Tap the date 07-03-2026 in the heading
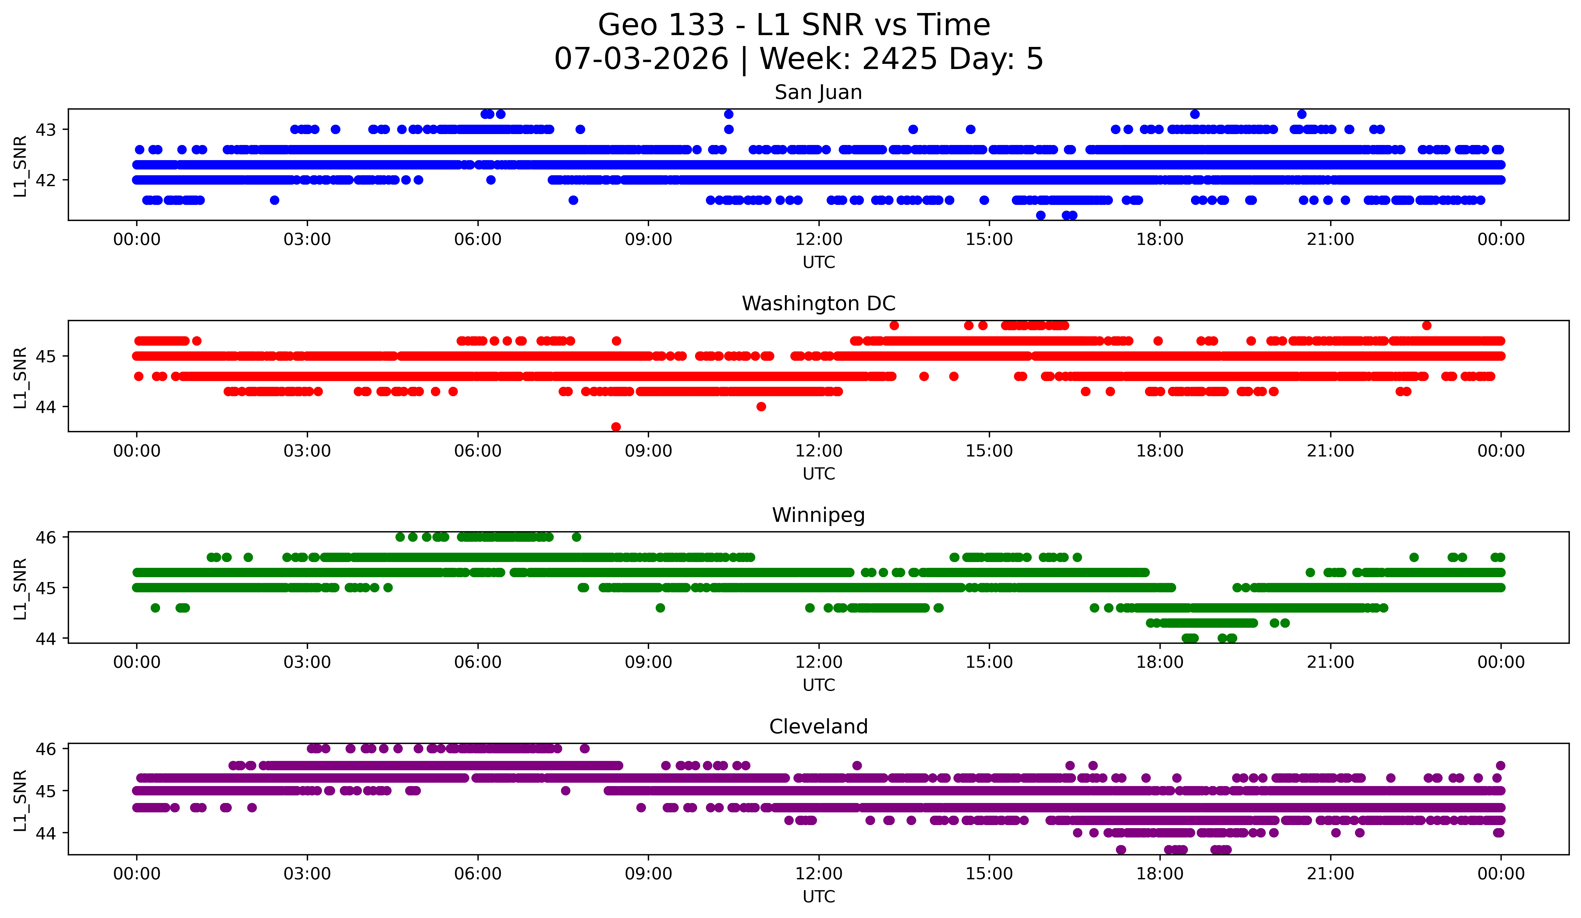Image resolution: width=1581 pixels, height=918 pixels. (x=641, y=59)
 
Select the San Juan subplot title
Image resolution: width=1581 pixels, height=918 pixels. (x=818, y=92)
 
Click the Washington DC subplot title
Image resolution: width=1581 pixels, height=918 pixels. (x=818, y=304)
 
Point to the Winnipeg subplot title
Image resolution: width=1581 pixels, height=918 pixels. (x=818, y=515)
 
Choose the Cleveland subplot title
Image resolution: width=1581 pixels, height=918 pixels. (x=818, y=727)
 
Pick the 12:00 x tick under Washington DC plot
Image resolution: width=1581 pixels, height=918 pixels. (x=819, y=451)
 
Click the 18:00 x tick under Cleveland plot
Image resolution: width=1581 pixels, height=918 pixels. (x=1160, y=874)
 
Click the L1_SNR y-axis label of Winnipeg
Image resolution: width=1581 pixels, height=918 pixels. (x=20, y=589)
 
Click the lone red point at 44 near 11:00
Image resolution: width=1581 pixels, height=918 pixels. (x=761, y=406)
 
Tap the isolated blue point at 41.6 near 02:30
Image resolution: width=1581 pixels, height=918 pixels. (x=274, y=200)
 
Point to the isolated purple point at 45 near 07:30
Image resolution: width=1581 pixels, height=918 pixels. (x=565, y=791)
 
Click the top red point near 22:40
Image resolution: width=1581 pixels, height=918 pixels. (x=1427, y=326)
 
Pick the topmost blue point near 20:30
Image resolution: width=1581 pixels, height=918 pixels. (x=1302, y=114)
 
